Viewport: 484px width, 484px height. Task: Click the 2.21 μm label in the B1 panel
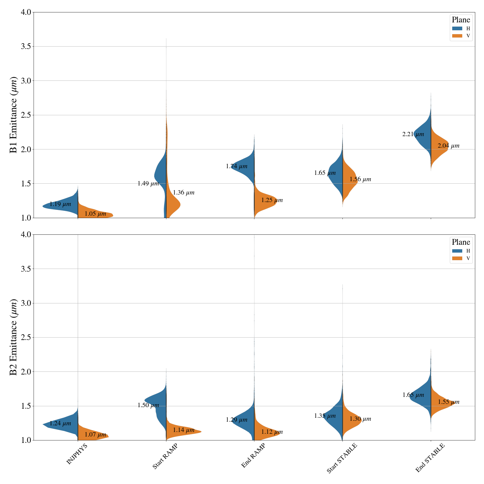[413, 134]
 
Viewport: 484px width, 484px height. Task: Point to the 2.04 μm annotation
[448, 146]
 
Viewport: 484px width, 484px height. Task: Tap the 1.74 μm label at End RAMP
[237, 166]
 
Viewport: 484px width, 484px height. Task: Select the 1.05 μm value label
[95, 214]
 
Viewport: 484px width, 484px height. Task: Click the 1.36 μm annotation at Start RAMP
[184, 193]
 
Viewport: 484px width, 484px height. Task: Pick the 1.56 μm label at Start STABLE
[360, 179]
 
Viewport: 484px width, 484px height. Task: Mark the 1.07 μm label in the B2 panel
[95, 435]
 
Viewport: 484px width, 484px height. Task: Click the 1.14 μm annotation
[184, 430]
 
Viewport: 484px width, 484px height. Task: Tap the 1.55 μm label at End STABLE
[449, 402]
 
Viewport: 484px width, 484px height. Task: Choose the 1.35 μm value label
[325, 416]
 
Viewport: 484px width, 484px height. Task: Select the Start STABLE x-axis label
[342, 458]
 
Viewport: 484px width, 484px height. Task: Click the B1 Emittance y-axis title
[14, 115]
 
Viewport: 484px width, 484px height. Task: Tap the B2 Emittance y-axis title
[14, 337]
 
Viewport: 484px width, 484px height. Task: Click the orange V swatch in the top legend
[457, 36]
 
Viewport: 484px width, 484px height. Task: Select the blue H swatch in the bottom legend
[457, 251]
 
